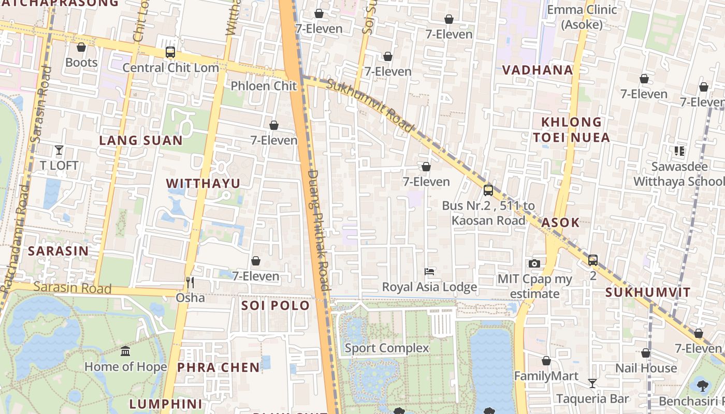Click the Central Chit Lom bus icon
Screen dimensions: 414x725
click(x=170, y=52)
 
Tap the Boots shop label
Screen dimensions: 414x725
click(x=81, y=63)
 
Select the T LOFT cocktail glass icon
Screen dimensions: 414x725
click(x=59, y=151)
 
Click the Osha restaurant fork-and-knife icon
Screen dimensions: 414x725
click(x=190, y=283)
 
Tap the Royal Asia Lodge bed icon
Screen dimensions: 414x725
click(x=429, y=272)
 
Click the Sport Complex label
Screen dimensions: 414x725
click(x=387, y=348)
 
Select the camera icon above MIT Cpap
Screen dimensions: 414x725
click(x=534, y=264)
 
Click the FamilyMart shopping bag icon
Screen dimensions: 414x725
click(x=546, y=361)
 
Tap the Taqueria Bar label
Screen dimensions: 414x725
click(x=592, y=399)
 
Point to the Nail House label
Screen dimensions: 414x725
click(x=646, y=368)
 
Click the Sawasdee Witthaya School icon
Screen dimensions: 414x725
click(x=679, y=151)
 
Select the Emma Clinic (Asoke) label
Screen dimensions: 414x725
click(x=582, y=17)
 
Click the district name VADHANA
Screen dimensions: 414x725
click(x=538, y=70)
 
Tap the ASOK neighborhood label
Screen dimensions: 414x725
click(x=560, y=223)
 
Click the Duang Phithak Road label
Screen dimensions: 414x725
click(x=318, y=230)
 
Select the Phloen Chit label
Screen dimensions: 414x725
click(x=264, y=86)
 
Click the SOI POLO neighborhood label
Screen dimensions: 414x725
click(x=275, y=306)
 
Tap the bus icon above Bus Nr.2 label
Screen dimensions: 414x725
click(x=488, y=190)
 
